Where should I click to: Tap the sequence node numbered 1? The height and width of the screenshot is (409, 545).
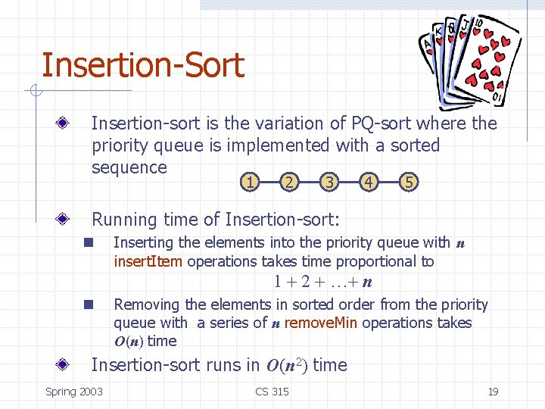pos(249,182)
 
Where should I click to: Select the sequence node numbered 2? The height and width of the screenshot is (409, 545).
pos(288,182)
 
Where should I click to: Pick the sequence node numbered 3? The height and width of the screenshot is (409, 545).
pos(328,182)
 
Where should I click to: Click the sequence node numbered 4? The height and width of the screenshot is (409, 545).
pos(368,182)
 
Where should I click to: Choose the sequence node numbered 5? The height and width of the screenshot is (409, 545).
pos(408,182)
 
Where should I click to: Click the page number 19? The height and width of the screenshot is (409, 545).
pos(493,392)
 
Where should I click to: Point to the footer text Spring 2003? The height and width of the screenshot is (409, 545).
pos(74,392)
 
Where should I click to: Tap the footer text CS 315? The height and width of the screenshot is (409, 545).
pos(272,392)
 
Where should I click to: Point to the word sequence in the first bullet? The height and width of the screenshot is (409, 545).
pos(129,167)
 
